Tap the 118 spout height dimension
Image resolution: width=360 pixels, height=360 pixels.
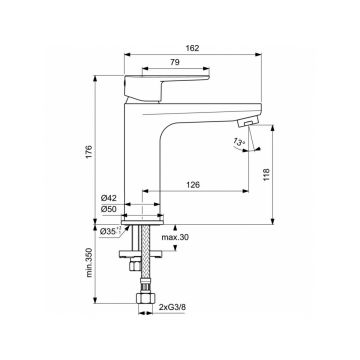click(267, 173)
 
